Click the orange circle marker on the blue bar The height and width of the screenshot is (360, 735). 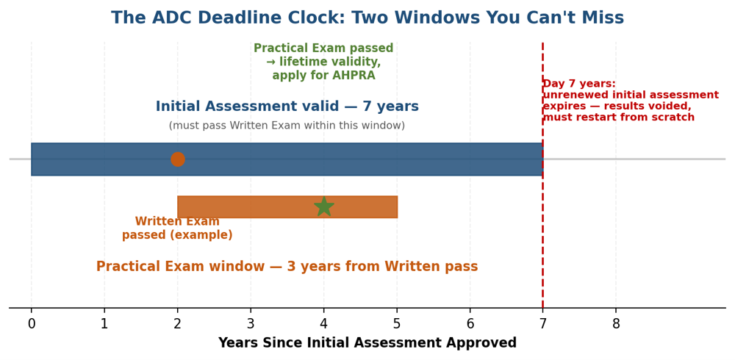[178, 159]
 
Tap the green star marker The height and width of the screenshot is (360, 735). [324, 206]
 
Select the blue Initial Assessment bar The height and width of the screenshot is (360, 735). [287, 159]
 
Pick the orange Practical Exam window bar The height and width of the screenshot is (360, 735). [287, 206]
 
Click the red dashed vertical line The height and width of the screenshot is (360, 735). [543, 176]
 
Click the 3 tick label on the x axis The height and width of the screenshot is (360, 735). [251, 324]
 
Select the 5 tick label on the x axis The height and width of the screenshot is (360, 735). [397, 324]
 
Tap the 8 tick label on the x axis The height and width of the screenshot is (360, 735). [616, 324]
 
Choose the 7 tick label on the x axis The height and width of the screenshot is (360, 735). [543, 324]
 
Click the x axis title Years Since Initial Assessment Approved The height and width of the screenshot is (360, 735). [367, 343]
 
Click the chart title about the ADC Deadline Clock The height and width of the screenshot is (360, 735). [367, 18]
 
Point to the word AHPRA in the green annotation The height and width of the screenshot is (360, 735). [356, 76]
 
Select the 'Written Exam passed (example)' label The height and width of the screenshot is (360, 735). [177, 228]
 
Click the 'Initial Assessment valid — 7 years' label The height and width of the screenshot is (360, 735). [287, 107]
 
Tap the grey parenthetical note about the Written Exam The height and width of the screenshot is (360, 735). [287, 126]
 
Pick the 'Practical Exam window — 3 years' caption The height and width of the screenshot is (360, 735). [287, 266]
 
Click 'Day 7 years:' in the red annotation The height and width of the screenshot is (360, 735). [579, 84]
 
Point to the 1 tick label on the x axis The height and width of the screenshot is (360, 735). [104, 324]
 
